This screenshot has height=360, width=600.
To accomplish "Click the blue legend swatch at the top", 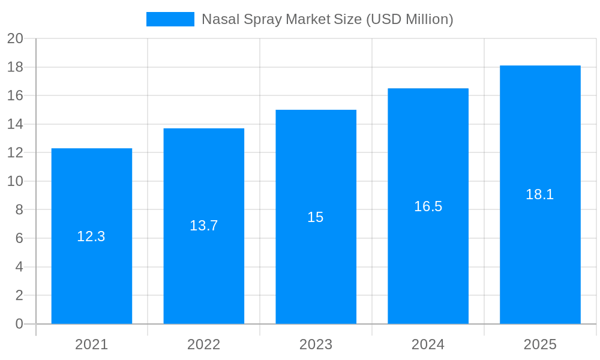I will click(x=170, y=19).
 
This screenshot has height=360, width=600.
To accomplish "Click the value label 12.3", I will click(x=91, y=236).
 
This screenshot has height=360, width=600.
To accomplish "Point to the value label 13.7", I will click(x=204, y=226).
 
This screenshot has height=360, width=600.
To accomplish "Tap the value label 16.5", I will click(x=428, y=206).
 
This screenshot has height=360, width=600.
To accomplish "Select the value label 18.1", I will click(x=540, y=194).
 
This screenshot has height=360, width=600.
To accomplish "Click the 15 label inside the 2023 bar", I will click(x=316, y=217).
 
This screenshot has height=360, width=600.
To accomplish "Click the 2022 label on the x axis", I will click(x=204, y=344).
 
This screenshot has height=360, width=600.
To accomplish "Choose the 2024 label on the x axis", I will click(x=428, y=344).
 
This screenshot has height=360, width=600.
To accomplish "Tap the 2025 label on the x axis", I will click(x=540, y=344).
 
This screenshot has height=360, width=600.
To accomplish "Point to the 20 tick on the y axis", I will click(x=15, y=38).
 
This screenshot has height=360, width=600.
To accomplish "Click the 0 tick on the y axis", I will click(x=19, y=324).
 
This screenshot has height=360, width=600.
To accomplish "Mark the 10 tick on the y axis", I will click(x=15, y=181).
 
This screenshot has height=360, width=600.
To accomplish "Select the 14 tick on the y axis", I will click(x=15, y=124).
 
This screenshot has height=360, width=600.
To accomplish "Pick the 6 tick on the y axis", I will click(x=19, y=238).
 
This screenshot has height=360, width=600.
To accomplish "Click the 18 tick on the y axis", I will click(x=15, y=67).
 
